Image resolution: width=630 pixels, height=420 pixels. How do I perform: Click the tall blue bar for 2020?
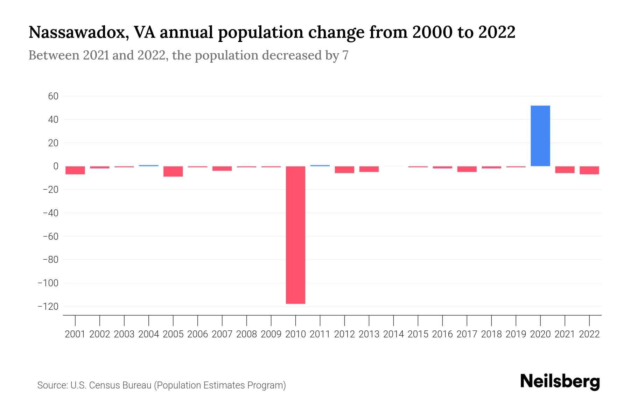[x=540, y=136]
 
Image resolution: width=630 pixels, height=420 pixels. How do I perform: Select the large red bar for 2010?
[x=295, y=235]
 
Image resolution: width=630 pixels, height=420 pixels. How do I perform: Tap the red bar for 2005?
[x=173, y=171]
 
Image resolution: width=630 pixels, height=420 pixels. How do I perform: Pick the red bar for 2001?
[x=75, y=170]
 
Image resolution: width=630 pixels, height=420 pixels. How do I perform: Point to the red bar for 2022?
[x=589, y=170]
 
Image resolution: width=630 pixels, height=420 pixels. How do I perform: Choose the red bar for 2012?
[x=344, y=170]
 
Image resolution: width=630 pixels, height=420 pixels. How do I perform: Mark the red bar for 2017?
[x=467, y=169]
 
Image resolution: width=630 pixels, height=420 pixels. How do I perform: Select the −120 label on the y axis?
[x=48, y=307]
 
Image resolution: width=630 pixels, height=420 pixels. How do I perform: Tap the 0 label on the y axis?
[x=56, y=166]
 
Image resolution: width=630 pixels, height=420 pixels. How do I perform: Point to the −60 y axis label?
[x=50, y=237]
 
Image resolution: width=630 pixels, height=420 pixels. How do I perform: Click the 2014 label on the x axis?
[x=393, y=334]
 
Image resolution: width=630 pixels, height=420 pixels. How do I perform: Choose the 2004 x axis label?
[x=149, y=334]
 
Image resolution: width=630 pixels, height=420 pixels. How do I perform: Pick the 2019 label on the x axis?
[x=516, y=334]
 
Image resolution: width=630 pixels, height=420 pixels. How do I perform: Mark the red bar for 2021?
[x=565, y=170]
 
